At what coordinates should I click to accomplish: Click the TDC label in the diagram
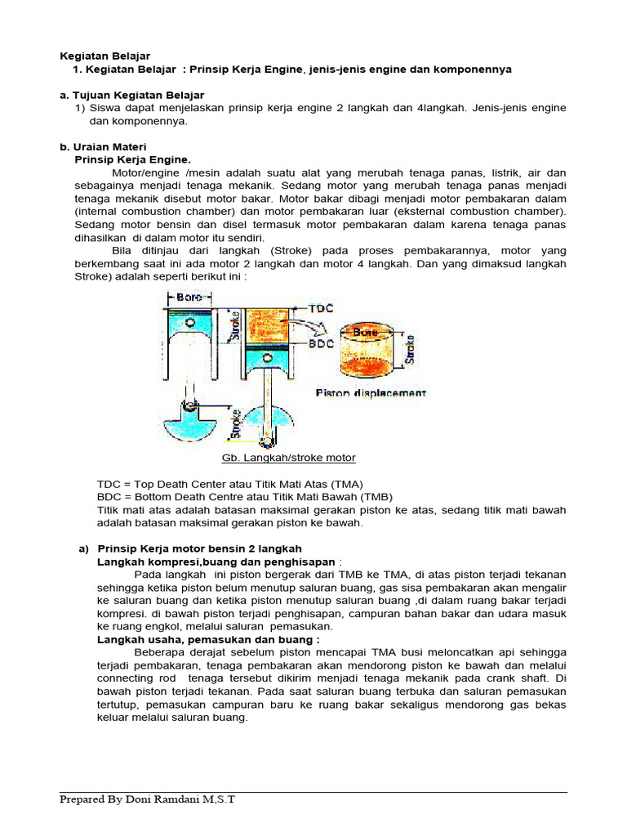point(321,310)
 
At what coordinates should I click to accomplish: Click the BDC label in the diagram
point(321,345)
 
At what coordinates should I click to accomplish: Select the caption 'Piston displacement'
point(371,393)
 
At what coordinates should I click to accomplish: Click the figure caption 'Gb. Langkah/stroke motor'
point(288,458)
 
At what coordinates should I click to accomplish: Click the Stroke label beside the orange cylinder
point(411,347)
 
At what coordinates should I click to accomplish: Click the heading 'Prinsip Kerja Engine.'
point(132,159)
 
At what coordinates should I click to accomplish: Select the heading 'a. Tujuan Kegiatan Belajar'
point(131,95)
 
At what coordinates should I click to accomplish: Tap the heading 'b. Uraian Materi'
point(103,146)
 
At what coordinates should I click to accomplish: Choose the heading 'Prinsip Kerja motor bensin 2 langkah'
point(199,548)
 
